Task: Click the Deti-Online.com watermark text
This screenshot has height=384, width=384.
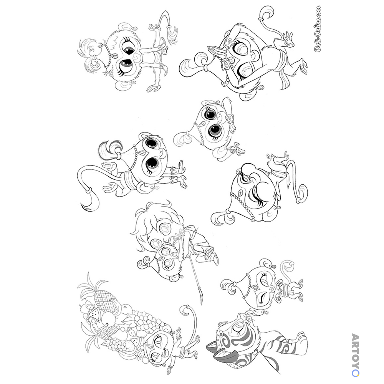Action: coord(318,28)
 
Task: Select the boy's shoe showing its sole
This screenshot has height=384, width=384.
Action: coord(215,258)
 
